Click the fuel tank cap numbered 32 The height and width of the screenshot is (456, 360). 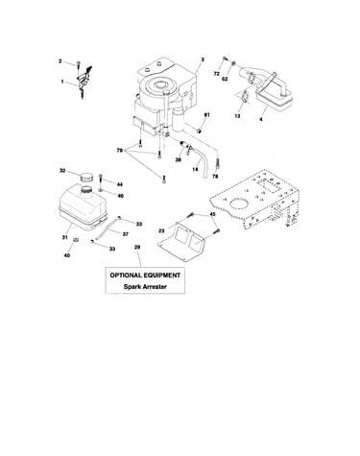click(85, 177)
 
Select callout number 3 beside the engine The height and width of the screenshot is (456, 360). click(203, 60)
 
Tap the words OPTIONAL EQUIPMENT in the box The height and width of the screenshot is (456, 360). click(145, 276)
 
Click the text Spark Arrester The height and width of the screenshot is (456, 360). click(145, 287)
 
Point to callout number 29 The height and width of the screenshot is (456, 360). click(137, 247)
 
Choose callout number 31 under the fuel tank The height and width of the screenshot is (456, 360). click(65, 237)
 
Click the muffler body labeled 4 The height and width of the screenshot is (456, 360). click(275, 97)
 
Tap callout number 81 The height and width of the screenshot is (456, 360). click(206, 115)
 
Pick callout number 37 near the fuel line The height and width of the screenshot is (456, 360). click(126, 234)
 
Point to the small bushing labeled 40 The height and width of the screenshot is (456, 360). click(76, 240)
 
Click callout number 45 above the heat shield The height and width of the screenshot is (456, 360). click(212, 214)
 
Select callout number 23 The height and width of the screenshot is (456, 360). click(161, 229)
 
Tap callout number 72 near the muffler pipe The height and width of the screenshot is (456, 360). click(216, 74)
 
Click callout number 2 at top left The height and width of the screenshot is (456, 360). click(60, 60)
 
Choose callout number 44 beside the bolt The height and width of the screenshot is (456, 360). click(119, 184)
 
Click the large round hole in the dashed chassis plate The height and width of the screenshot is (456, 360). click(238, 204)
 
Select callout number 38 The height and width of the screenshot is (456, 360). click(178, 159)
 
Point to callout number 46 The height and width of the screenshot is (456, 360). click(120, 196)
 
